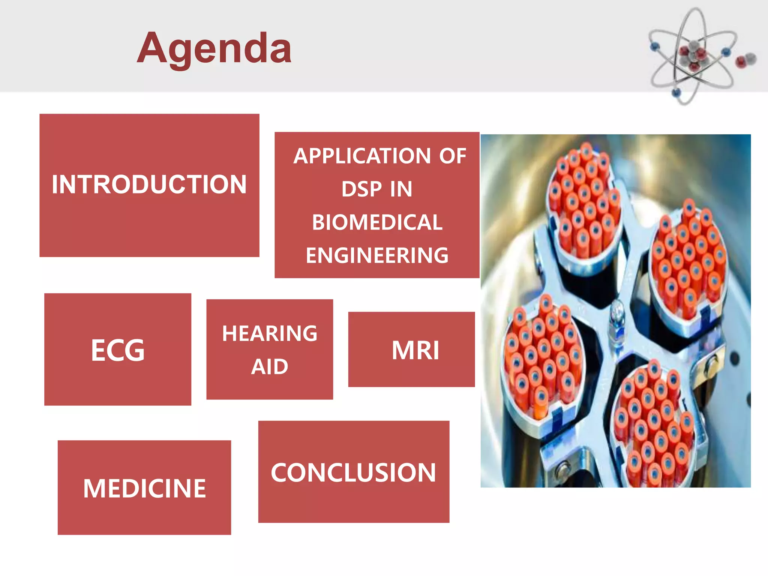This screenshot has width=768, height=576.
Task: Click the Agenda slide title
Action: (214, 49)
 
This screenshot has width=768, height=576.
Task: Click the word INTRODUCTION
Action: (149, 184)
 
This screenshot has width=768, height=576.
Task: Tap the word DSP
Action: (361, 189)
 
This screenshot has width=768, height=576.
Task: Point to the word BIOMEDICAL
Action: (377, 222)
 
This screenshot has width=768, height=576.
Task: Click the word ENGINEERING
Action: (377, 255)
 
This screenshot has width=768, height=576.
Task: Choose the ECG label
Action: (118, 350)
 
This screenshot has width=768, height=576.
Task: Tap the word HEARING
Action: (270, 333)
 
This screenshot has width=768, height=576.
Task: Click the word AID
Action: (270, 366)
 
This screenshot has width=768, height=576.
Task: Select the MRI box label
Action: (415, 350)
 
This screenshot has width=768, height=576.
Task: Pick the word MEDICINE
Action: (144, 488)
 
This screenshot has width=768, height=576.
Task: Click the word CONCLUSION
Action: (354, 472)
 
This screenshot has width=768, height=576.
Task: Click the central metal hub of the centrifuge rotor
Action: (616, 319)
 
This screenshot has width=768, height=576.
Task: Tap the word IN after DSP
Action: (401, 189)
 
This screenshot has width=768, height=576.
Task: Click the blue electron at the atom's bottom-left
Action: (676, 92)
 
